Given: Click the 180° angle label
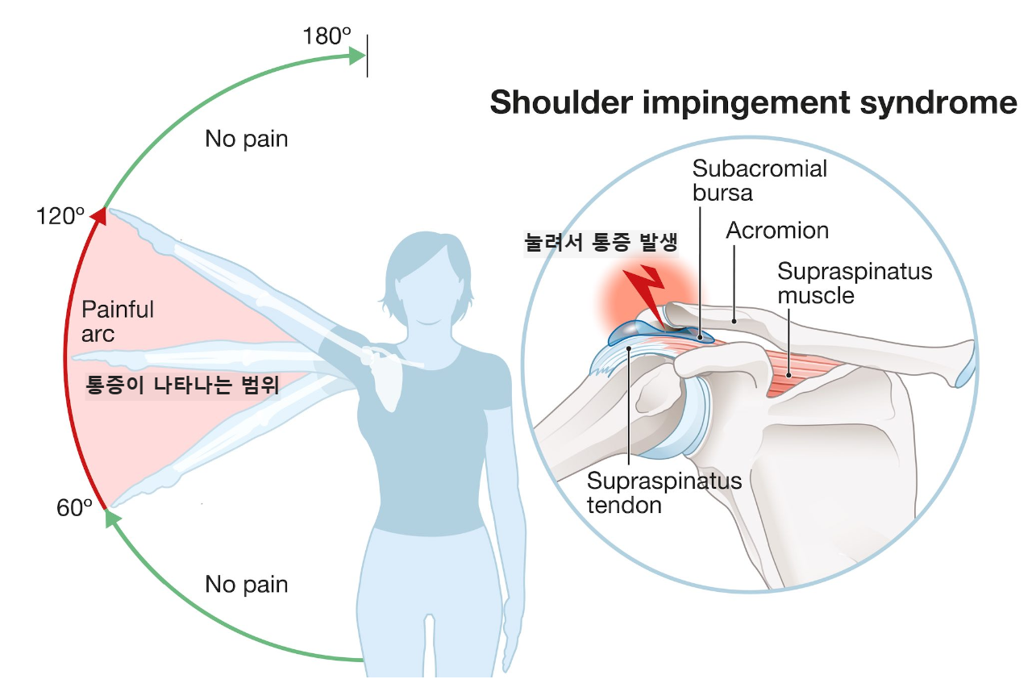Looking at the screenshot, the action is pyautogui.click(x=327, y=36).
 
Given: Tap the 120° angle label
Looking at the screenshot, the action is pyautogui.click(x=60, y=216).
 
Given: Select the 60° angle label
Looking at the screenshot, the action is pyautogui.click(x=75, y=508).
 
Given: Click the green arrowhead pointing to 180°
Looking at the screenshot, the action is pyautogui.click(x=357, y=55).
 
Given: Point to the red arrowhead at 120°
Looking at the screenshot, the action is pyautogui.click(x=98, y=215).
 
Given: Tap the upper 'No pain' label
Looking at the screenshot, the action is pyautogui.click(x=246, y=139).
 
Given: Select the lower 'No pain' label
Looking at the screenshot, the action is pyautogui.click(x=246, y=584).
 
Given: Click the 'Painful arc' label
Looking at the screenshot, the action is pyautogui.click(x=118, y=320).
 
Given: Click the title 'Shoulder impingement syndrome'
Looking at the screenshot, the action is pyautogui.click(x=753, y=103).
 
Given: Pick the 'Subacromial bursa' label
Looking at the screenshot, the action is pyautogui.click(x=759, y=181).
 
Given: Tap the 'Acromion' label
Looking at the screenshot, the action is pyautogui.click(x=777, y=231).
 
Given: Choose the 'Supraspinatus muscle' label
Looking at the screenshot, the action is pyautogui.click(x=854, y=282).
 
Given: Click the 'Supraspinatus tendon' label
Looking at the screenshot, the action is pyautogui.click(x=664, y=494).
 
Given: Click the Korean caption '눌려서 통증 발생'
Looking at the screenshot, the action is pyautogui.click(x=601, y=242).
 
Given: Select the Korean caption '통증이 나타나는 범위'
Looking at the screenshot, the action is pyautogui.click(x=182, y=385).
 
